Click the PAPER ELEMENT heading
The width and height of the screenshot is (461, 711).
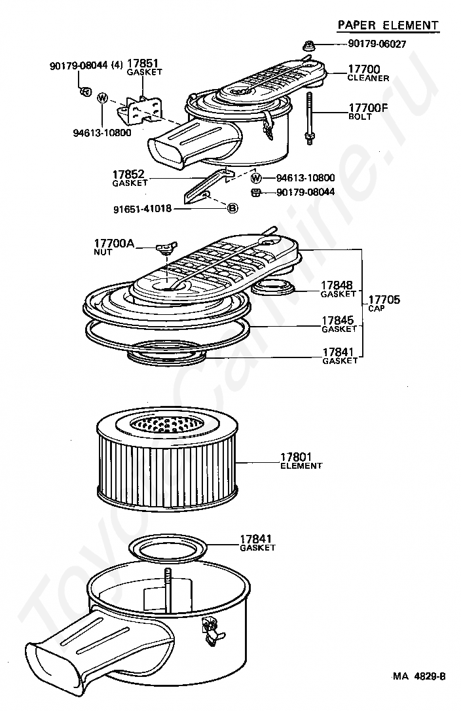tap(388, 25)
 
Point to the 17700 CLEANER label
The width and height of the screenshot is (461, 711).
tap(368, 73)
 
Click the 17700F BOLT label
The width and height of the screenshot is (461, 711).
tap(369, 111)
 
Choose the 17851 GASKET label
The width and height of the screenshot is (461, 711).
tap(144, 67)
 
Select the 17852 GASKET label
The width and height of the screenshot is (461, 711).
tap(130, 178)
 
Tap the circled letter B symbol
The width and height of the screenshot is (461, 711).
tap(232, 208)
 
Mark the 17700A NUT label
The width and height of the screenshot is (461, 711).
tap(113, 246)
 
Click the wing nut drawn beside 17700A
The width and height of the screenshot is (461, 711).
tap(167, 247)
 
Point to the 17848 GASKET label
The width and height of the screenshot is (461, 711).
tap(338, 289)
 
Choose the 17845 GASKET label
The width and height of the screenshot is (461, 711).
tap(338, 323)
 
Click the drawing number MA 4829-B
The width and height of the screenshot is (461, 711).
tap(419, 676)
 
